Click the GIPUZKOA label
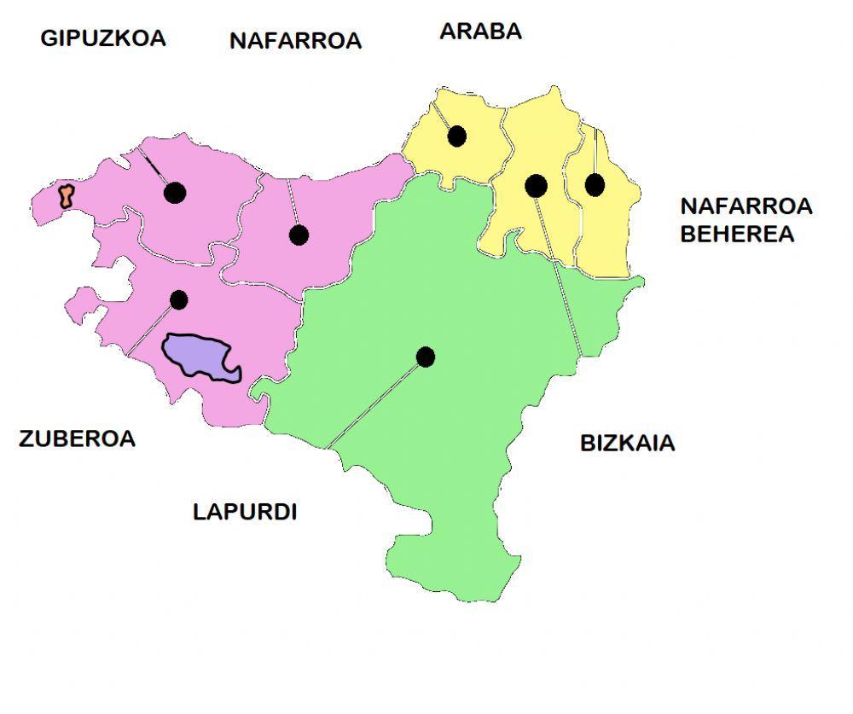(x=103, y=38)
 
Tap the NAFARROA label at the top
(x=295, y=41)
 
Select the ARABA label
(x=480, y=32)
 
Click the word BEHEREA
(x=737, y=234)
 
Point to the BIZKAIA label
(x=627, y=443)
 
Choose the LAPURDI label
(x=245, y=512)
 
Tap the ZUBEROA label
(x=77, y=438)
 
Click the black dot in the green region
(x=426, y=357)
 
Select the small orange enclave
(x=65, y=196)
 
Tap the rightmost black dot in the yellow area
(x=595, y=184)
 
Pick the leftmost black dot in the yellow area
(x=457, y=136)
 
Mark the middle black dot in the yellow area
(x=536, y=184)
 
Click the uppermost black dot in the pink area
(x=175, y=193)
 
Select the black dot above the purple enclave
(x=178, y=299)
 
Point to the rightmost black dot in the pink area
(x=299, y=235)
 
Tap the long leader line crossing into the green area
(x=559, y=273)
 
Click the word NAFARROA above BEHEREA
(x=746, y=206)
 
